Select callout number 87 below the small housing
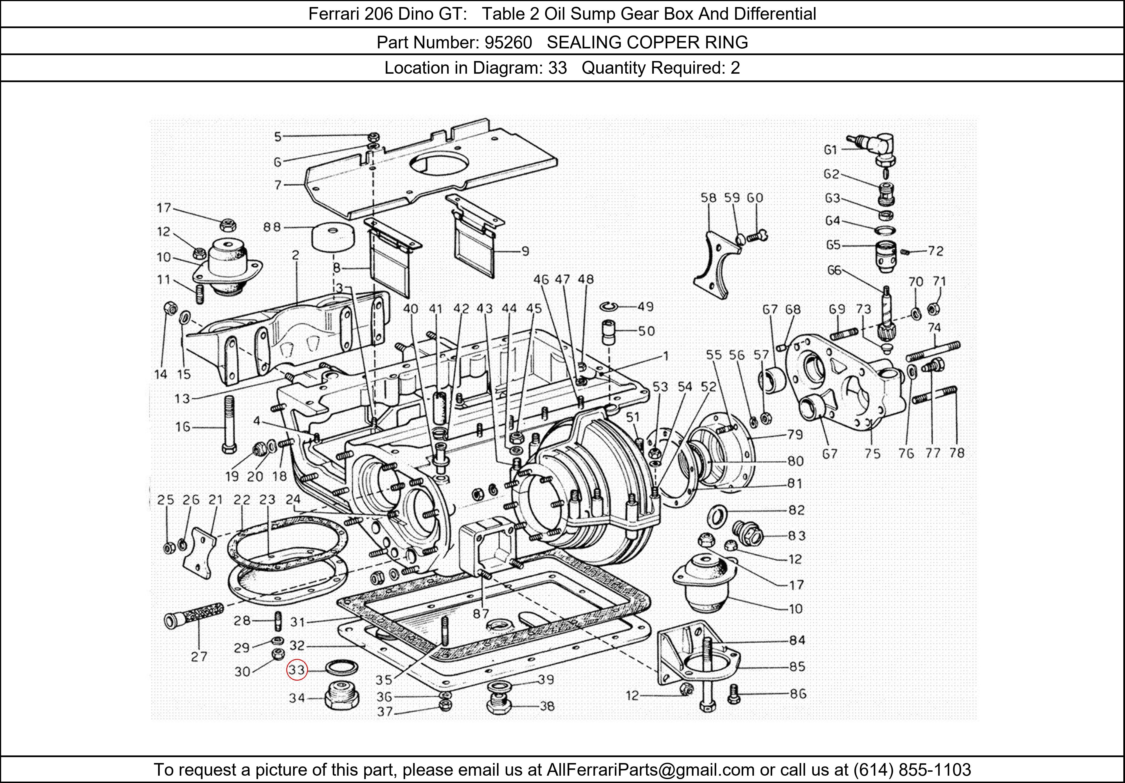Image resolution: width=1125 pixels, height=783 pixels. pos(481,613)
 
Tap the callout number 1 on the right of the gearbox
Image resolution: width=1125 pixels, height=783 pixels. pos(665,356)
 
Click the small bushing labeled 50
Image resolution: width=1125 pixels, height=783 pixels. pos(609,332)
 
